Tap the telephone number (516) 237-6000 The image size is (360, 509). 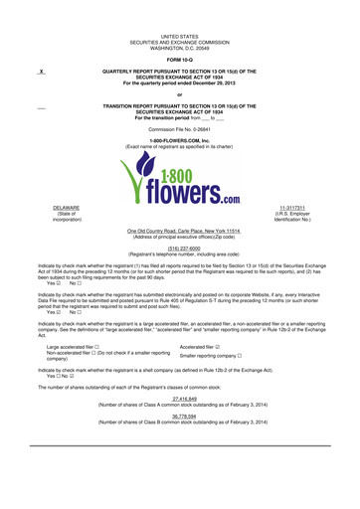180,251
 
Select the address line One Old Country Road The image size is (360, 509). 180,230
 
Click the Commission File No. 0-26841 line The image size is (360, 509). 180,128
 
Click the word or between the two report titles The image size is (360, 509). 180,94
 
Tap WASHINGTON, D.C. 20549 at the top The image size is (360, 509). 180,45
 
